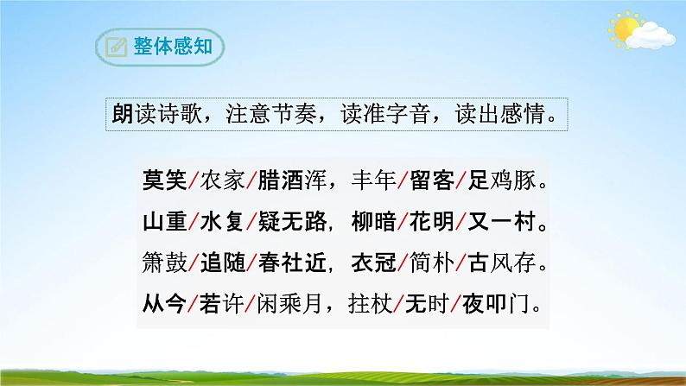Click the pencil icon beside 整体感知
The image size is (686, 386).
[112, 46]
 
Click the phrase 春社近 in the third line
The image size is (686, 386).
[294, 263]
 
